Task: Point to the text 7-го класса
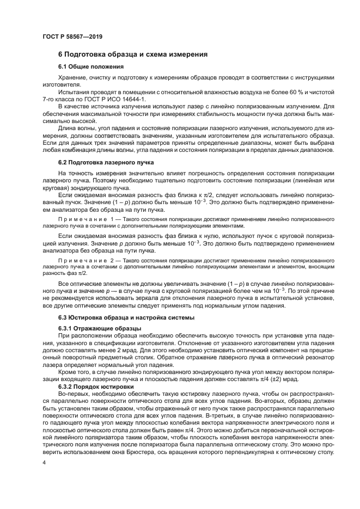pyautogui.click(x=58, y=100)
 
